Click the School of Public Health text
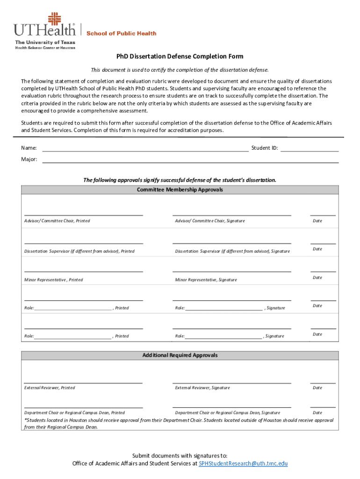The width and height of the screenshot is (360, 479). [121, 33]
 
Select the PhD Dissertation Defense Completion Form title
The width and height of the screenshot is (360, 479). [180, 57]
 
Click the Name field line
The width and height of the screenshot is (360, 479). [145, 151]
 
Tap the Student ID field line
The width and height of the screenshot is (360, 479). [309, 151]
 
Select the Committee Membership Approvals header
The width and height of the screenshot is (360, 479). [180, 190]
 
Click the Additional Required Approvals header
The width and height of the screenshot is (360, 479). [180, 356]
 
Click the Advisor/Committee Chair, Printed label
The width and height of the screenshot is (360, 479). [57, 221]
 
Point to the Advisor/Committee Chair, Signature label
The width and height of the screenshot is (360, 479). [210, 221]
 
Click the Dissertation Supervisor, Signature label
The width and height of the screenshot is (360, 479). [232, 251]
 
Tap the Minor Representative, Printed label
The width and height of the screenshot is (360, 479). [53, 280]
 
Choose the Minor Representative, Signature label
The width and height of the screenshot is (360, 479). [206, 280]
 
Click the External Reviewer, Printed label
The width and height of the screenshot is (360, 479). [50, 388]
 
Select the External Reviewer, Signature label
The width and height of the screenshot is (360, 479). [202, 388]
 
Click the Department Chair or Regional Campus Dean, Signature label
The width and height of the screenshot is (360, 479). [228, 413]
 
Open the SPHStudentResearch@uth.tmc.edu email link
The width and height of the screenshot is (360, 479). [243, 464]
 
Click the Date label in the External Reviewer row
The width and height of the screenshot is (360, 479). [317, 388]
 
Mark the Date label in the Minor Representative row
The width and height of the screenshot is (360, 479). [317, 277]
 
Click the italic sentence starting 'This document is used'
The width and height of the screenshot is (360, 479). [180, 70]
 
